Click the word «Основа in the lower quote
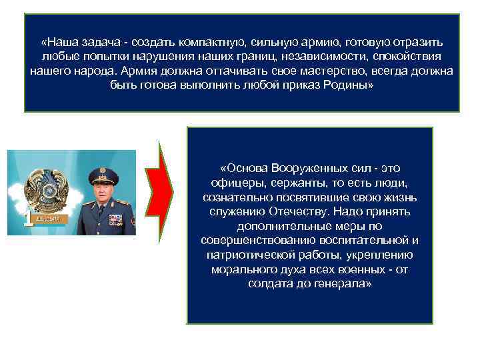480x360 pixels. (244, 167)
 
